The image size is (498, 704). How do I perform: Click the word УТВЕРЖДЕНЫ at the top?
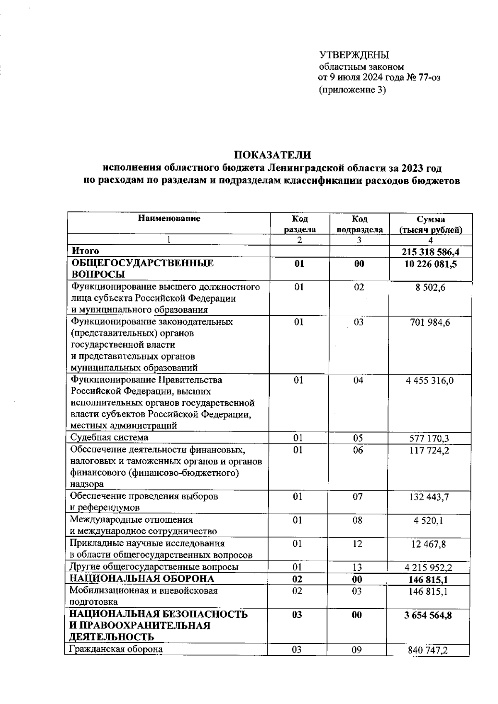click(x=354, y=55)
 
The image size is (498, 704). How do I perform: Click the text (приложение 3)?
click(x=352, y=89)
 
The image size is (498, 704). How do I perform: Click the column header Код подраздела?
click(x=359, y=224)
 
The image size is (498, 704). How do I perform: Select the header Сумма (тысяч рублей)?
click(x=431, y=224)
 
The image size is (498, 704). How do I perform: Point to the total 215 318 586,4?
click(x=431, y=252)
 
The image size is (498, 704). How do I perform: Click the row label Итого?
click(x=85, y=251)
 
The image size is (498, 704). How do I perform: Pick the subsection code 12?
click(x=358, y=543)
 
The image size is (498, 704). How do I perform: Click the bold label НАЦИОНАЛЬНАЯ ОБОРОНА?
click(x=142, y=579)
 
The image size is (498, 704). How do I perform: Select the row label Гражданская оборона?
click(x=116, y=649)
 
